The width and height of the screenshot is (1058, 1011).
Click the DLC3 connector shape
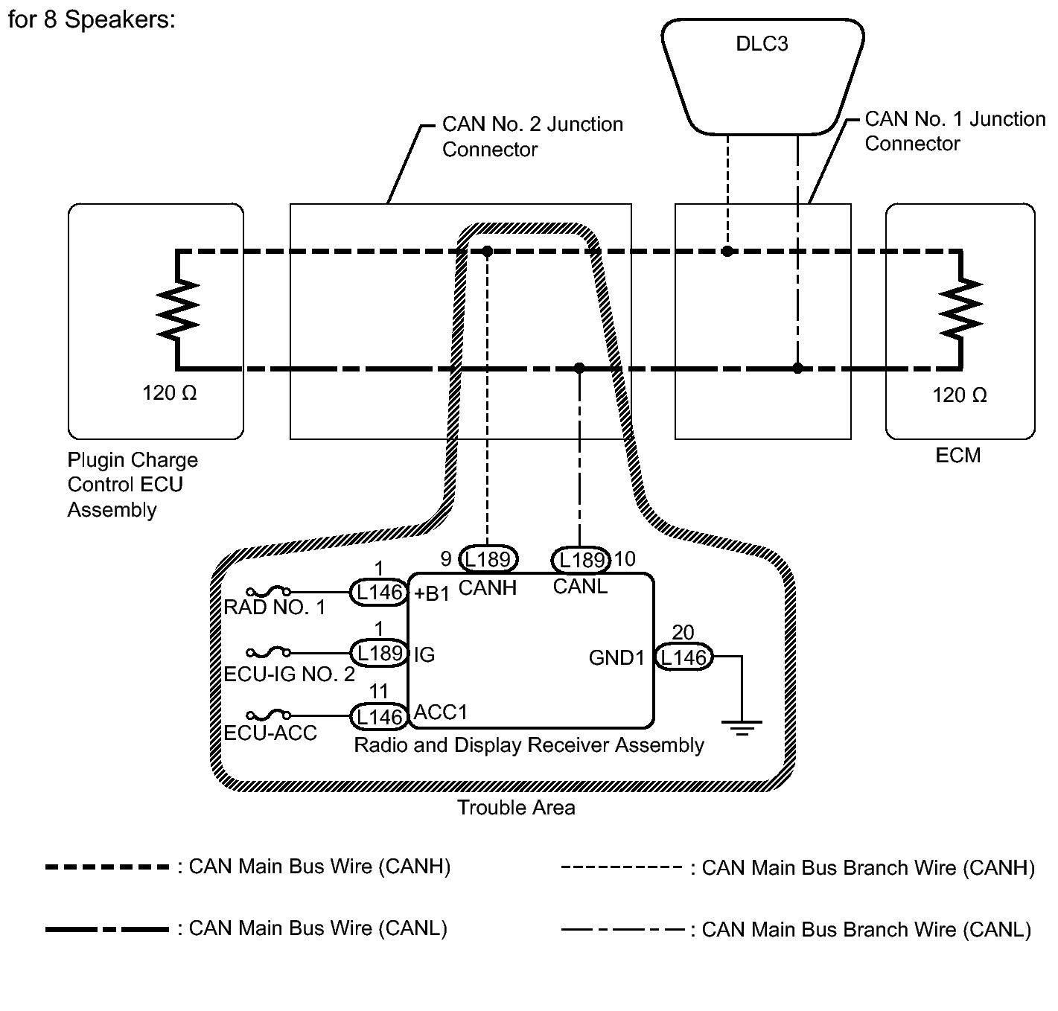coord(762,74)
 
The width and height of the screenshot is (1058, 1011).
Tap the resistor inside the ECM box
coord(961,307)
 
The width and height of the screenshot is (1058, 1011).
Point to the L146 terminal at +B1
coord(379,593)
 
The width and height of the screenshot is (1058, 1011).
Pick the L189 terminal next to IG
coord(379,653)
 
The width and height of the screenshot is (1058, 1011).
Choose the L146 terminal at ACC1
coord(379,716)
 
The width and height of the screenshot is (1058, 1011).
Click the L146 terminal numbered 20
coord(683,657)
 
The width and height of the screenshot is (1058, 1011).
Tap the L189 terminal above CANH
coord(488,558)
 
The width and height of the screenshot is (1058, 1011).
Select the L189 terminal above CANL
coord(581,559)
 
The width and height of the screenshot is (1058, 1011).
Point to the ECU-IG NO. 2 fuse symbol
coord(268,653)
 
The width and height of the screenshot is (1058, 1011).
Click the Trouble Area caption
coord(516,808)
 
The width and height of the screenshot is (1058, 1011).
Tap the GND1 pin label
coord(616,657)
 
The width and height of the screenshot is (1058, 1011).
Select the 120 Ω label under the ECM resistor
coord(960,395)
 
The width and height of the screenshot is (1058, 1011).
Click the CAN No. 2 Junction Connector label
coord(532,136)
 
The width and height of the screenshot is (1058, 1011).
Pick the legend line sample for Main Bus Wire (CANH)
coord(107,867)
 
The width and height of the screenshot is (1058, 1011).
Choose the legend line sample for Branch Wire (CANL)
coord(622,930)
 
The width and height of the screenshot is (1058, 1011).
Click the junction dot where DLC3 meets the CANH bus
coord(727,252)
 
